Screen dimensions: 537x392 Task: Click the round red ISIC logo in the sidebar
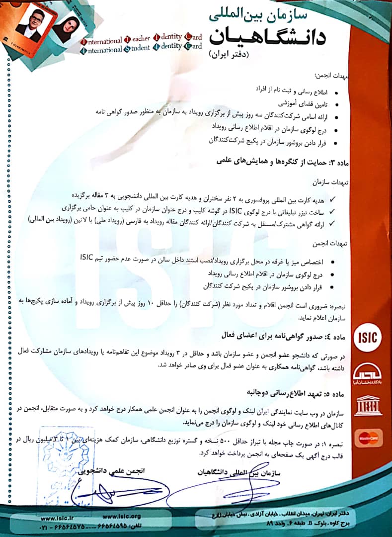pos(368,338)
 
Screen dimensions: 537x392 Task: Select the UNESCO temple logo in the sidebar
pos(368,406)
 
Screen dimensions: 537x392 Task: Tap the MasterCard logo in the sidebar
pos(368,438)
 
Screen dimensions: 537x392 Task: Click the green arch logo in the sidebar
pos(368,372)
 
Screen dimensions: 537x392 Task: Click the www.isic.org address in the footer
pos(121,516)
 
